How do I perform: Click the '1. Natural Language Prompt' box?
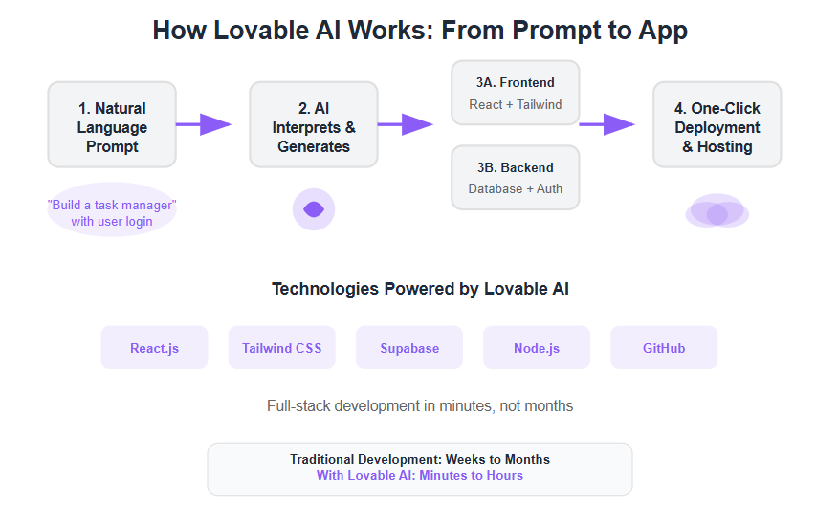coord(112,124)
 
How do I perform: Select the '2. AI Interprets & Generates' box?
coord(314,124)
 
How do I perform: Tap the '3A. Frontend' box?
coord(516,93)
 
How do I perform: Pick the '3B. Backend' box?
coord(516,177)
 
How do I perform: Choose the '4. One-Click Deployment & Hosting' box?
coord(717,124)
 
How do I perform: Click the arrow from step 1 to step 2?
coord(204,124)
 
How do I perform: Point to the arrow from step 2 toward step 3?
coord(406,124)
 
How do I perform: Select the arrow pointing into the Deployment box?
coord(607,124)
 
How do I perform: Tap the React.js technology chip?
coord(154,348)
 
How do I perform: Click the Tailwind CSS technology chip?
coord(281,348)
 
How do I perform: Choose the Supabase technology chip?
coord(409,348)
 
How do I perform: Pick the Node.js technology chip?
coord(537,348)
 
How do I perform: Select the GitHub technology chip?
coord(664,348)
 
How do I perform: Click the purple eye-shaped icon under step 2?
coord(314,209)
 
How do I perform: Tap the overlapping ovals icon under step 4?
coord(717,211)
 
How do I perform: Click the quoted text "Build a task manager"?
coord(112,206)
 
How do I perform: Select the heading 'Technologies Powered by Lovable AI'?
coord(420,289)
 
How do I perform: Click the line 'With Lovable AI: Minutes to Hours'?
coord(420,476)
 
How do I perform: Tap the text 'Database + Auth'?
coord(516,188)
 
